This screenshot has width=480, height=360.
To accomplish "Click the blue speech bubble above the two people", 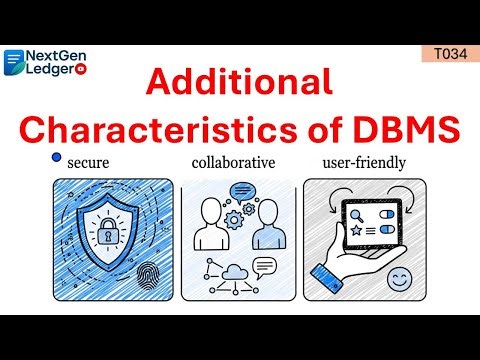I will (x=241, y=192).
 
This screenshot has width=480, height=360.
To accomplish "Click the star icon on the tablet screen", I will (x=354, y=233).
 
